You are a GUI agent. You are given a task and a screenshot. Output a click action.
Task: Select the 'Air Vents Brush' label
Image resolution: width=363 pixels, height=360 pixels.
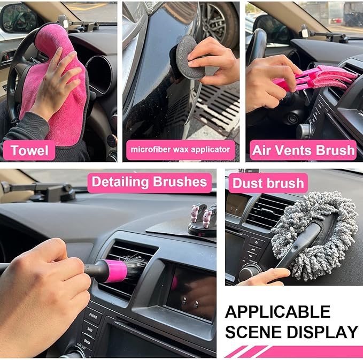[x=303, y=150]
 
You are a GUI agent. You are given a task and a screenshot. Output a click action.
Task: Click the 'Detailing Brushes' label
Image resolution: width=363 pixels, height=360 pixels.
[x=149, y=182]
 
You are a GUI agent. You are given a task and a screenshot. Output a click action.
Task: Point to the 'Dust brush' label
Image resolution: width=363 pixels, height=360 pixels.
[x=268, y=183]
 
